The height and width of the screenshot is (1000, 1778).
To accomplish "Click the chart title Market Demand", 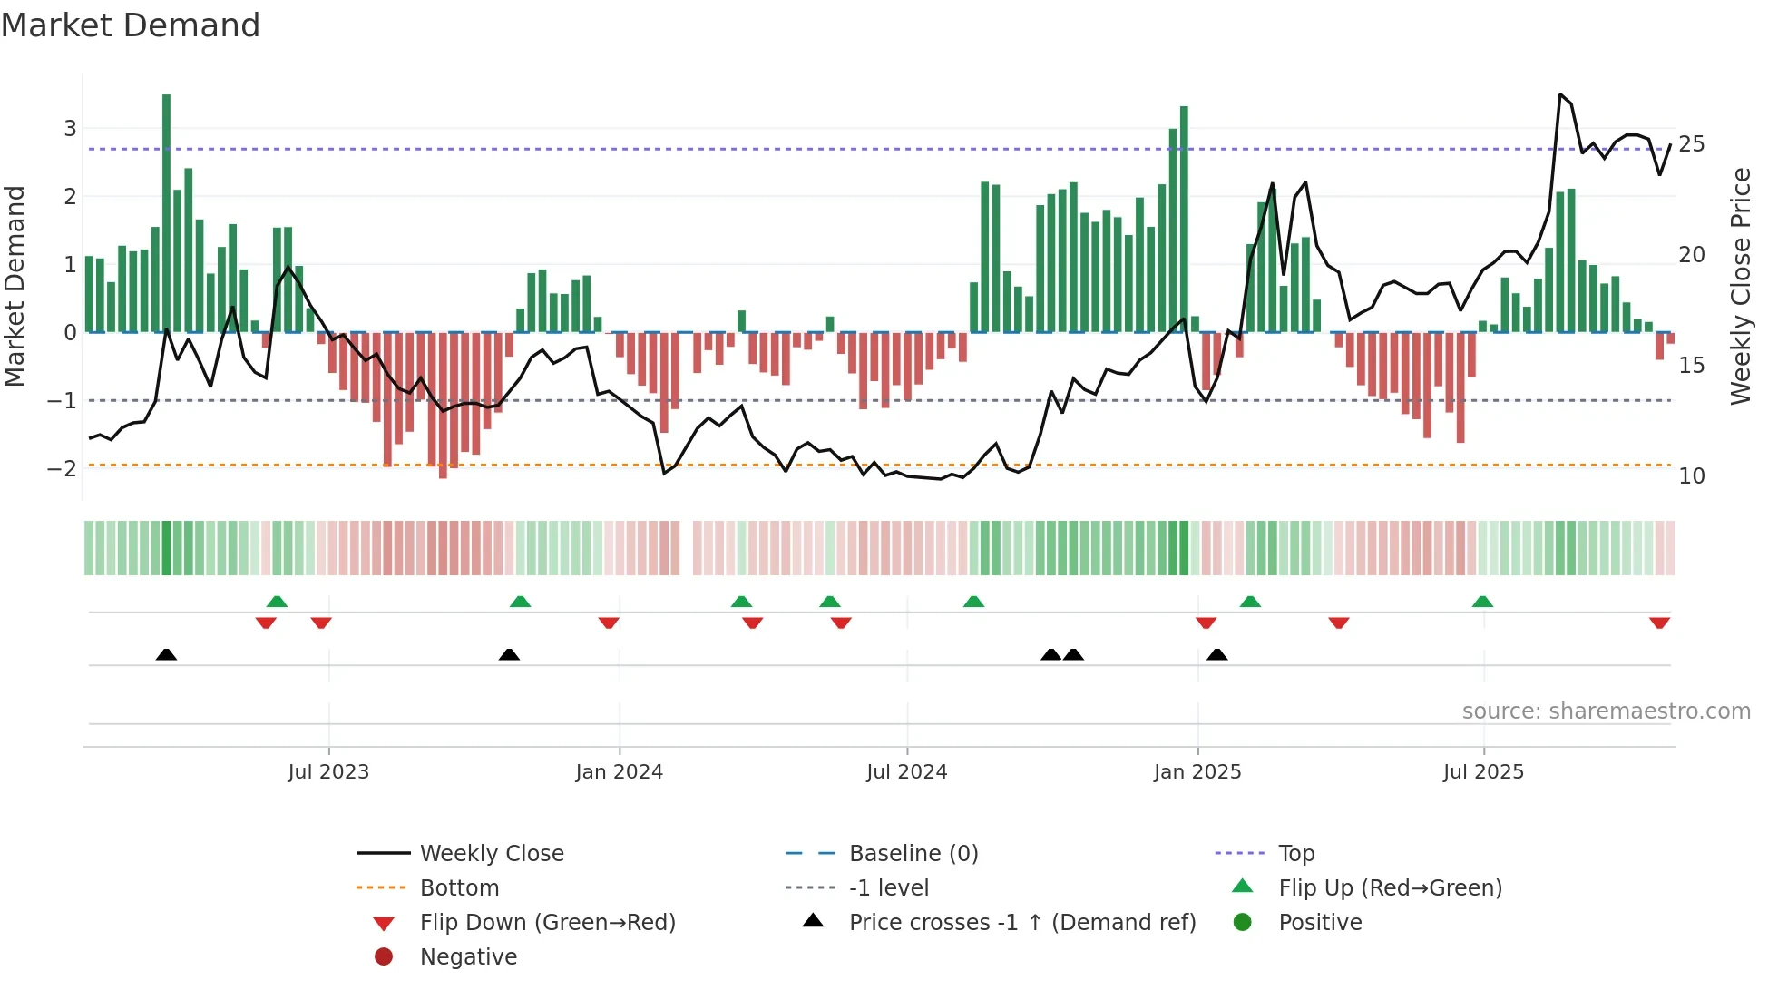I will (131, 25).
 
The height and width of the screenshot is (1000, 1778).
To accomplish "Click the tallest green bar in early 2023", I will (166, 213).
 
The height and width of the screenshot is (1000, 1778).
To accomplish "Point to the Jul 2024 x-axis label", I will (906, 772).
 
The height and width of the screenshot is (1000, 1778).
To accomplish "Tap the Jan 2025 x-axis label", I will (1197, 772).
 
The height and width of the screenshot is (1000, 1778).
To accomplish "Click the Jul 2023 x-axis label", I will (328, 772).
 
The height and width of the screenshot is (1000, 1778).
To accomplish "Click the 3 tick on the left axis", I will (70, 128).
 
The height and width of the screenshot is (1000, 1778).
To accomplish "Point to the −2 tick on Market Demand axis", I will (62, 468).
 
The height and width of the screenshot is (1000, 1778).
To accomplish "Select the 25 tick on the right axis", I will (1692, 144).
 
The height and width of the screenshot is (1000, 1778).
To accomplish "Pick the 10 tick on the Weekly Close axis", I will (1692, 475).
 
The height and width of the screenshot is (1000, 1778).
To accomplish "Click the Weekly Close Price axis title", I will (1740, 286).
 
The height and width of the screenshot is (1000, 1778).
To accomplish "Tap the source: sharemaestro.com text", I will (1606, 711).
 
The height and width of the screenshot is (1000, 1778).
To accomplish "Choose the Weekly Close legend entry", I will (491, 853).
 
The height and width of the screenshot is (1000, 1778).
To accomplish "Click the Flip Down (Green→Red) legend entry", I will (547, 922).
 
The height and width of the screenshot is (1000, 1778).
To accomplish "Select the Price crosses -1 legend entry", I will (1021, 922).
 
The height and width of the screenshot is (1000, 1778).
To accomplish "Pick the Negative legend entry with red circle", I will (468, 956).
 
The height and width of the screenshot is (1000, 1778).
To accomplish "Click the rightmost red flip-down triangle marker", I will (1659, 623).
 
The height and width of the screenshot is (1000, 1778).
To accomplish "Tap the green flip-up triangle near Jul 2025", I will (1482, 602).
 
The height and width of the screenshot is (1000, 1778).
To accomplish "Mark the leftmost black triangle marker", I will (166, 654).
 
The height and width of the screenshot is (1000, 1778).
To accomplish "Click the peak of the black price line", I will (1560, 94).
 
